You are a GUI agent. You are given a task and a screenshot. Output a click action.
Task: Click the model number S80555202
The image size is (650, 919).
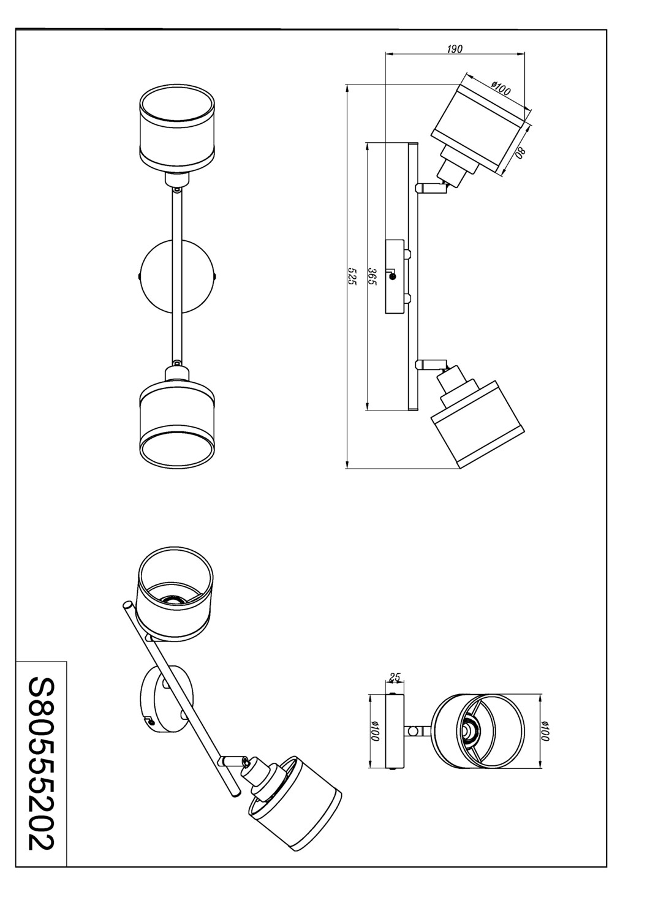(41, 763)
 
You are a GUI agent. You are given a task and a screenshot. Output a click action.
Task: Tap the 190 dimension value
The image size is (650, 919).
(454, 49)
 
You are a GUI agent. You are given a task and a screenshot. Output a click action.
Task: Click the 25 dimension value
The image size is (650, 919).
(395, 677)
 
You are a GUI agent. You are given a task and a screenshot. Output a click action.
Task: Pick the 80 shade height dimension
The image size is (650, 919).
(520, 151)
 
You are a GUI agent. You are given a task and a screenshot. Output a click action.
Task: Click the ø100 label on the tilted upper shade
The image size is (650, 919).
(501, 88)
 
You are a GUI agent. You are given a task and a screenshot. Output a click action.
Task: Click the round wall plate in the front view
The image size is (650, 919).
(178, 277)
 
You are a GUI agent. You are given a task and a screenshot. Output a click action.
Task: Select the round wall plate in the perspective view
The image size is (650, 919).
(164, 698)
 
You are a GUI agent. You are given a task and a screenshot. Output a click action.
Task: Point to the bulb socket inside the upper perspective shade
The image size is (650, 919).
(173, 600)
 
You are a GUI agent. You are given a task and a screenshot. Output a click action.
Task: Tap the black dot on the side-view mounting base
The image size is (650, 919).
(393, 277)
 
